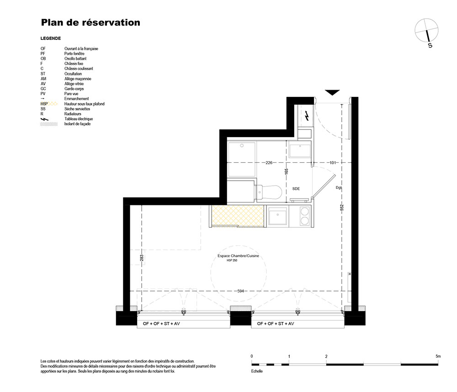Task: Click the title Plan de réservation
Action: click(x=90, y=22)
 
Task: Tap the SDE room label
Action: click(x=296, y=189)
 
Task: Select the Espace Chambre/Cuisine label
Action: click(x=238, y=256)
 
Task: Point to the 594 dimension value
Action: click(x=240, y=291)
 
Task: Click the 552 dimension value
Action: click(x=342, y=207)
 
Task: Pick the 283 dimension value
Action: click(x=142, y=258)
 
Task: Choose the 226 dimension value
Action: click(x=269, y=163)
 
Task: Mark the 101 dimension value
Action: click(x=333, y=163)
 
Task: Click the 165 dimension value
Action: click(x=287, y=172)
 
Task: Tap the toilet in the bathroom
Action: click(x=269, y=192)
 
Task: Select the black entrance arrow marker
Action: click(x=332, y=92)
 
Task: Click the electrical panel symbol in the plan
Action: click(x=307, y=116)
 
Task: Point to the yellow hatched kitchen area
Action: click(x=238, y=216)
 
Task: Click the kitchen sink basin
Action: click(x=278, y=216)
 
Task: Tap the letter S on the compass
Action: click(x=430, y=45)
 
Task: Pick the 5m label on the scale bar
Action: click(x=438, y=356)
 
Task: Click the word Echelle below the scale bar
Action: click(x=257, y=371)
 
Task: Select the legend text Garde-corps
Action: click(x=74, y=89)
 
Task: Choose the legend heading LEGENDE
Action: click(x=51, y=38)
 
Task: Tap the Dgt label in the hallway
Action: click(x=338, y=188)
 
